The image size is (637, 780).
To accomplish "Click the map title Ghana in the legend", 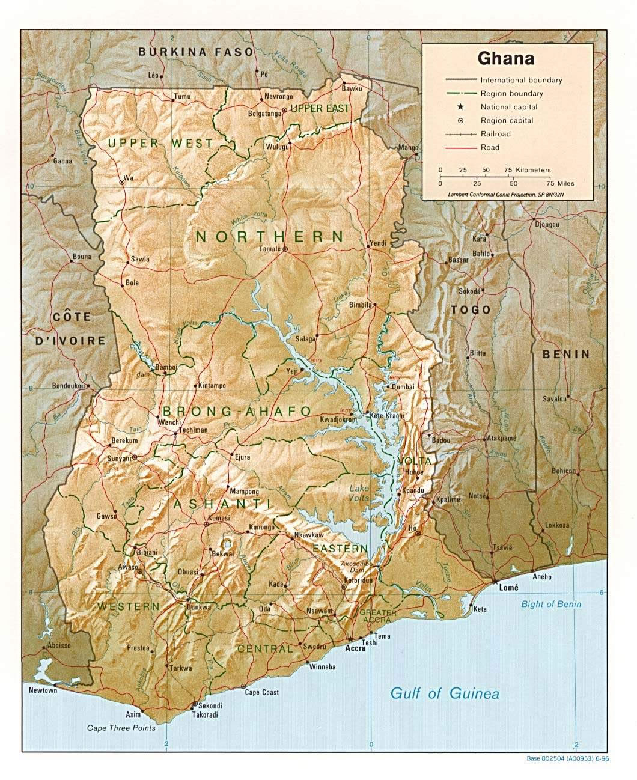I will tap(505, 59).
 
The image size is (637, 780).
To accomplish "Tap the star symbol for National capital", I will tap(460, 107).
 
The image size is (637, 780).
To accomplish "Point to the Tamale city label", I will tap(270, 249).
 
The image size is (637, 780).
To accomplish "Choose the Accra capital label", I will tap(355, 649).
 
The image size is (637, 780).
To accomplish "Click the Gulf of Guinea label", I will tap(445, 693).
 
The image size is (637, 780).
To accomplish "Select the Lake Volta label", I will tap(359, 493).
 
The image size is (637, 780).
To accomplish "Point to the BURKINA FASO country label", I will tap(196, 52).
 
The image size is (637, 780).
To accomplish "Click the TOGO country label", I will tap(471, 310).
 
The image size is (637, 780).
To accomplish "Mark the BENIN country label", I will tap(566, 354).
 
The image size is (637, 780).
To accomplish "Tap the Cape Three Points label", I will tap(121, 728).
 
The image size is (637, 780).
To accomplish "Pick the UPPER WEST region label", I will tap(160, 143).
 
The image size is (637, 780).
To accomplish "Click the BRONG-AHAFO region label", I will tap(236, 412).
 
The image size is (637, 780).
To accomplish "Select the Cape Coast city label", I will tap(262, 692).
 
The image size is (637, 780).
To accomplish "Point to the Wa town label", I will tap(127, 178).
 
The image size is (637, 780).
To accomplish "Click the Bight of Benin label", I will tap(551, 604).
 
